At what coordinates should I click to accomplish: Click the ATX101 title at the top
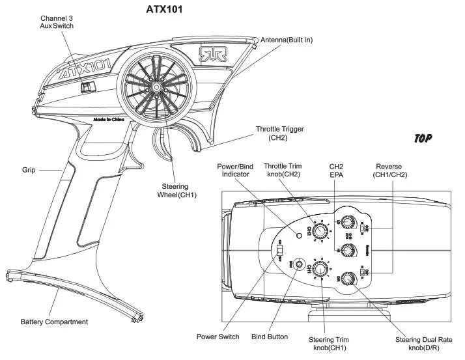(165, 10)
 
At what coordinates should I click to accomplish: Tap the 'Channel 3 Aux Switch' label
(57, 21)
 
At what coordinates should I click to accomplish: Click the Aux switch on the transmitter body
(88, 87)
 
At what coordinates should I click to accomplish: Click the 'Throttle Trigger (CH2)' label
(279, 133)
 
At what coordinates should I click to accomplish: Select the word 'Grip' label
(29, 171)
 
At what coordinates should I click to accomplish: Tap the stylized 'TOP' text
(423, 138)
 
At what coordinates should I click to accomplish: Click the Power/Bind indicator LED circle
(300, 234)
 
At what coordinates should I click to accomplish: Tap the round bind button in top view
(299, 264)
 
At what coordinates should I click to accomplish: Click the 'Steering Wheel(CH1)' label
(178, 191)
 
